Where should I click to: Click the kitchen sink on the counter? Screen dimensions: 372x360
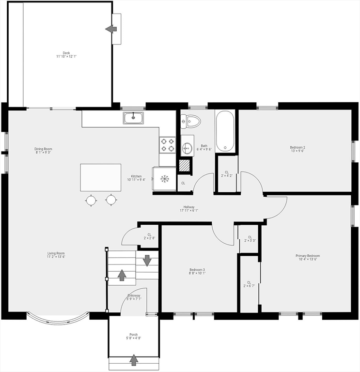[133, 117]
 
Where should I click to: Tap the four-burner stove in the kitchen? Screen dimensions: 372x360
[167, 145]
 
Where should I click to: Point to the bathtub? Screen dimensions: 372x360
[225, 131]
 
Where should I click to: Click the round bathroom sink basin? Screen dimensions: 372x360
[188, 148]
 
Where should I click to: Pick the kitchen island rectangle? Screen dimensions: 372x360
[101, 178]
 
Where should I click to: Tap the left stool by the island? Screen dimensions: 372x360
[91, 200]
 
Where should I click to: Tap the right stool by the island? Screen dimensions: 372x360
[111, 200]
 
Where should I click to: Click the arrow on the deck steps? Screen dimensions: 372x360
[111, 29]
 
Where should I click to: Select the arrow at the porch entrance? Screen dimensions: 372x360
[134, 360]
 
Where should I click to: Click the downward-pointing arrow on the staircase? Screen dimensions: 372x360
[147, 260]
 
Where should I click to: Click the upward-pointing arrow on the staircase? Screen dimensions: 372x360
[122, 275]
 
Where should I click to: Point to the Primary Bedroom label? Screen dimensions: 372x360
[308, 257]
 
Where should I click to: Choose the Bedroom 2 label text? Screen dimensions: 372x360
[298, 149]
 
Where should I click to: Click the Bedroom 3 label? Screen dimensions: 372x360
[197, 271]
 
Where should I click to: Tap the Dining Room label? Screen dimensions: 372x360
[43, 151]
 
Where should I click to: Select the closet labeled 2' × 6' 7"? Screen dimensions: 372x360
[249, 284]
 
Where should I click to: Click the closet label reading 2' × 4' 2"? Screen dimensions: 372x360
[227, 174]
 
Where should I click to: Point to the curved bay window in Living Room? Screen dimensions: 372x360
[58, 320]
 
